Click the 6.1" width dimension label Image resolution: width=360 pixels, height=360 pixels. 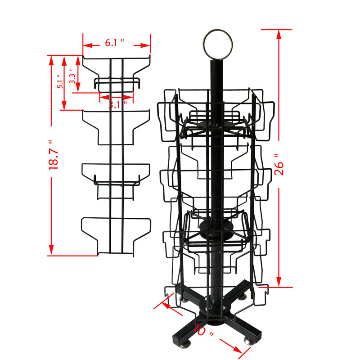coord(115,43)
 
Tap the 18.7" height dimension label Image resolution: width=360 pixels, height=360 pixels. coord(54,155)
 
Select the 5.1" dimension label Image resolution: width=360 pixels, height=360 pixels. coord(60,81)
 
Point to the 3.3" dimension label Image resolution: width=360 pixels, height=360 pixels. coord(72,76)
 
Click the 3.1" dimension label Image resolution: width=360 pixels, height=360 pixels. coord(117,105)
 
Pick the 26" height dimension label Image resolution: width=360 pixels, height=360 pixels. coord(279,165)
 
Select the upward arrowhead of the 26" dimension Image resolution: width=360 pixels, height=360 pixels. coord(279,35)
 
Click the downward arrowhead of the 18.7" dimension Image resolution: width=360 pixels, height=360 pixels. coord(51,250)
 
